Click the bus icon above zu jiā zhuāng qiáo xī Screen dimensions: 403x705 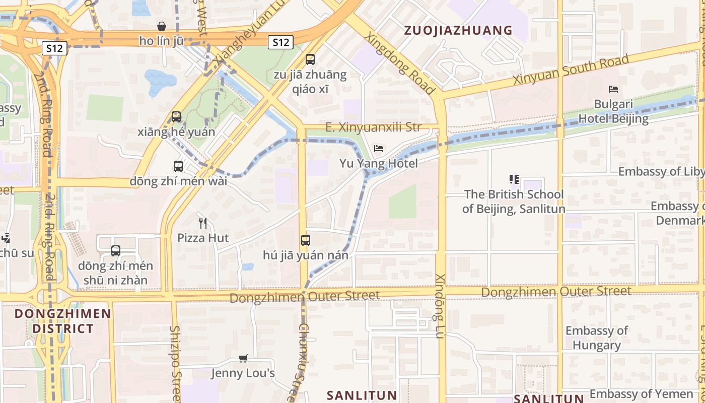coord(310,59)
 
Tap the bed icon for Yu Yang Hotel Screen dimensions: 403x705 coord(379,148)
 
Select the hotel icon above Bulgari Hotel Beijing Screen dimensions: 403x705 coord(613,89)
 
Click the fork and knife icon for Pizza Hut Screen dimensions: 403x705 coord(203,223)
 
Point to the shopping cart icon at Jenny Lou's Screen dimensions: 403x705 coord(243,358)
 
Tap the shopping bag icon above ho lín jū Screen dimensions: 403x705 coord(162,26)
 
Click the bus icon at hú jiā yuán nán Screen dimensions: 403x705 coord(306,240)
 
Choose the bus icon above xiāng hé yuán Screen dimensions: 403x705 coord(176,116)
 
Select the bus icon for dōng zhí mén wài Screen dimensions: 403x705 coord(178,166)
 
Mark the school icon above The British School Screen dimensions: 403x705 coord(514,179)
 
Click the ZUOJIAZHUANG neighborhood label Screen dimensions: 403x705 coord(458,31)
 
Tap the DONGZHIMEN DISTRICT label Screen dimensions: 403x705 coord(63,321)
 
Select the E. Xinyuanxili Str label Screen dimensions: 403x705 coord(373,127)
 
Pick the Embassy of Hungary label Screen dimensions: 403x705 coord(596,338)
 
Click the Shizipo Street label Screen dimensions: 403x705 coord(175,363)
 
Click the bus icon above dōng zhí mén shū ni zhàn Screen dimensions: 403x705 coord(116,250)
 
